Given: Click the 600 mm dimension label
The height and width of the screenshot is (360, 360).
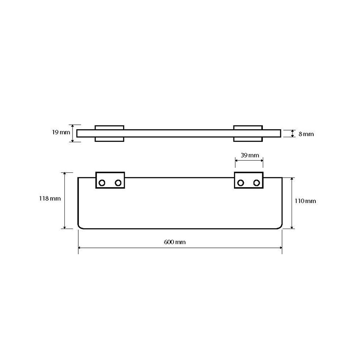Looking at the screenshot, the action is pyautogui.click(x=175, y=242).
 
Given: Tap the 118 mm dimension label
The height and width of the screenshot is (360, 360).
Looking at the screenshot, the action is pyautogui.click(x=50, y=198).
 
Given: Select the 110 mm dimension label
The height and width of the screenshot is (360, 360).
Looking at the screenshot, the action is pyautogui.click(x=305, y=201).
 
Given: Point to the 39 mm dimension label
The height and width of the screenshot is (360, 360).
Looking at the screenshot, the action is pyautogui.click(x=250, y=155).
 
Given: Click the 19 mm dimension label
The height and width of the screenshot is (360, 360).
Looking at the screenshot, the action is pyautogui.click(x=61, y=132).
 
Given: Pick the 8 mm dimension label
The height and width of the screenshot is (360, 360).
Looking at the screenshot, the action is pyautogui.click(x=306, y=134).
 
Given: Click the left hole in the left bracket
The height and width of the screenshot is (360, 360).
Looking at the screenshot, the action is pyautogui.click(x=102, y=183).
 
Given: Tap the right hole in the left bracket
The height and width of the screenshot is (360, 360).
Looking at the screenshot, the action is pyautogui.click(x=118, y=183).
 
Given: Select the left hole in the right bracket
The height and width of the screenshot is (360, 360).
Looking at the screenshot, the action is pyautogui.click(x=241, y=183).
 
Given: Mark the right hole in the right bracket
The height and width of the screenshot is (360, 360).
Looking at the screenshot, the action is pyautogui.click(x=256, y=183).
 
